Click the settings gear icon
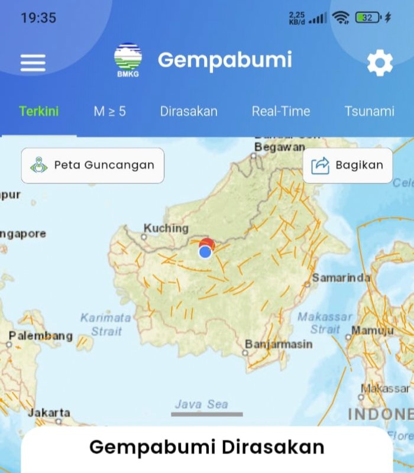click(x=380, y=63)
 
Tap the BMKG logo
click(x=128, y=60)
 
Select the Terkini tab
click(x=39, y=111)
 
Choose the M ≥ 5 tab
click(x=109, y=111)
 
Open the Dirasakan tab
click(x=189, y=111)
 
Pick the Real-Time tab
click(x=281, y=111)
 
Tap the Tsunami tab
click(x=369, y=111)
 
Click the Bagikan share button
click(x=348, y=165)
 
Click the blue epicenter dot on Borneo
click(x=205, y=252)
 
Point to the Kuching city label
click(x=166, y=228)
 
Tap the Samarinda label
click(x=342, y=277)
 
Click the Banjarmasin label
click(x=278, y=344)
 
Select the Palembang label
click(x=40, y=336)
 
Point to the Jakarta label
click(x=48, y=412)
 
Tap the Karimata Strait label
click(x=106, y=325)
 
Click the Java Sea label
click(x=201, y=404)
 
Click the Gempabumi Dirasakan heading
click(x=207, y=447)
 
